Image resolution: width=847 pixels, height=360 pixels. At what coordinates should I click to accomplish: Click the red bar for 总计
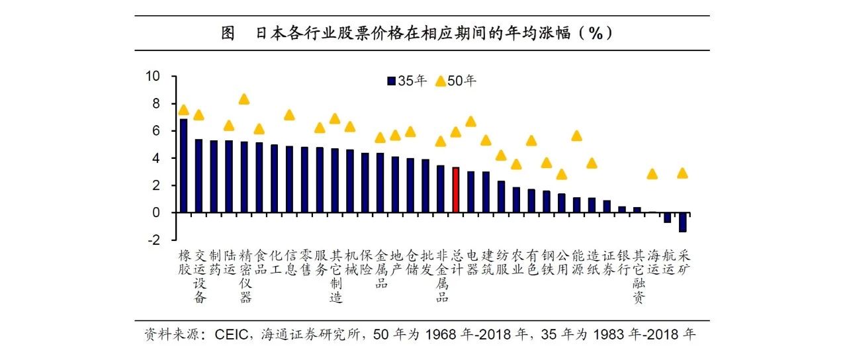pyautogui.click(x=455, y=190)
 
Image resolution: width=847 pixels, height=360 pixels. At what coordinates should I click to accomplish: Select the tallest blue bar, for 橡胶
pyautogui.click(x=184, y=165)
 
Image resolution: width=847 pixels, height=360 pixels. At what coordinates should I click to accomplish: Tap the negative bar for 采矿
pyautogui.click(x=682, y=222)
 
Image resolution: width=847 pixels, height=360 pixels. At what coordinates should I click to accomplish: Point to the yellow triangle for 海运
pyautogui.click(x=652, y=174)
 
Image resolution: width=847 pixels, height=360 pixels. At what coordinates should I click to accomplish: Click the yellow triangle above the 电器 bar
pyautogui.click(x=471, y=122)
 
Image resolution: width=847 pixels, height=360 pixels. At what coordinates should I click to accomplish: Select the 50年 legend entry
pyautogui.click(x=456, y=81)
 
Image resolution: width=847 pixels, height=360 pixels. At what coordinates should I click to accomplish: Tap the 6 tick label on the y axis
pyautogui.click(x=157, y=131)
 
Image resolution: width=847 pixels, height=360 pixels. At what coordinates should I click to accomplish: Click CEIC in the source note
pyautogui.click(x=230, y=334)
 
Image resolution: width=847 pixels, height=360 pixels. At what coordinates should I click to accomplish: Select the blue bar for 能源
pyautogui.click(x=576, y=205)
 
